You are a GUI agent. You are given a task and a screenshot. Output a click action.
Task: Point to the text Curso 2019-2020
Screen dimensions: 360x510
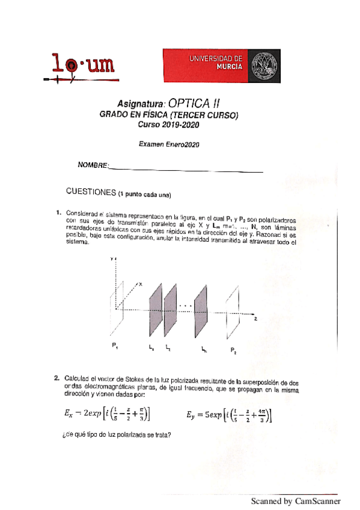click(x=168, y=125)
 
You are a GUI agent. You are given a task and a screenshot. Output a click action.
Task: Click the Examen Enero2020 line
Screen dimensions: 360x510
click(x=169, y=144)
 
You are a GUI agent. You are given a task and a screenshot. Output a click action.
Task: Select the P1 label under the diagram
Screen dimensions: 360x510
click(x=114, y=346)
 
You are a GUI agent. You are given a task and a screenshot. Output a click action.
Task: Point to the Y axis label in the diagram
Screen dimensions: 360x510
click(x=112, y=258)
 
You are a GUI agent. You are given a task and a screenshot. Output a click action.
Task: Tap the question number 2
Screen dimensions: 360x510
click(x=56, y=378)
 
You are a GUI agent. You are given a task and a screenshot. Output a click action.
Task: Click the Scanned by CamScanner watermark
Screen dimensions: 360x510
click(x=296, y=501)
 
